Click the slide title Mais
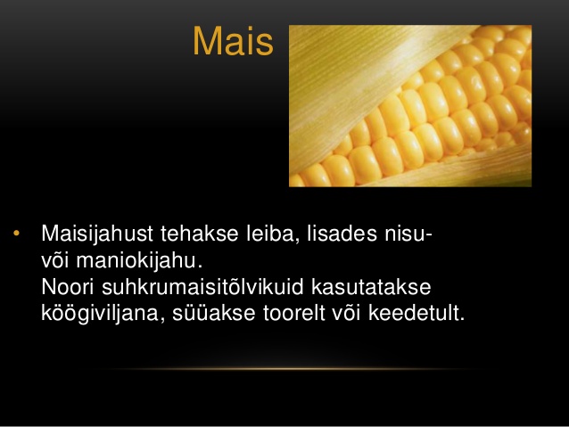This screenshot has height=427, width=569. [x=233, y=41]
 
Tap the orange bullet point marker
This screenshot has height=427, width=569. [x=16, y=234]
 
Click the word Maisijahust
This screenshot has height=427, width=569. [x=97, y=234]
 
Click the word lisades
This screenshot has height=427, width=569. [x=342, y=234]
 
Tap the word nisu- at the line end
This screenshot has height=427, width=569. [x=408, y=234]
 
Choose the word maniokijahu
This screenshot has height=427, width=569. [x=139, y=261]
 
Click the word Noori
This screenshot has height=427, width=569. [x=68, y=287]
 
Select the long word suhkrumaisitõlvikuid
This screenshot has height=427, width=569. [x=202, y=287]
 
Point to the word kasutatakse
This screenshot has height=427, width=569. [x=371, y=287]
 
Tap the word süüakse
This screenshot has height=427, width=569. [x=214, y=313]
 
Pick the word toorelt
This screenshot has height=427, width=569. [x=294, y=313]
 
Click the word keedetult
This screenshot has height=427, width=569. [x=416, y=313]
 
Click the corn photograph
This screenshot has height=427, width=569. [x=410, y=106]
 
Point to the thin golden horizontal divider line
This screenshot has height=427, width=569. [x=286, y=369]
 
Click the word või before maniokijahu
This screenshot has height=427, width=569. [x=54, y=260]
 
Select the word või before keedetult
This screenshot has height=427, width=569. [x=347, y=313]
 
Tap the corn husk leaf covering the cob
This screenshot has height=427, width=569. [x=359, y=80]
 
